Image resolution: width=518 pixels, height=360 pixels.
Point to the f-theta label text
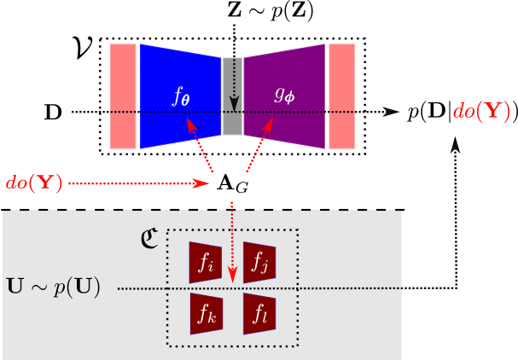click(x=181, y=96)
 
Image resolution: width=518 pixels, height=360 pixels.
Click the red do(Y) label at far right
click(x=481, y=112)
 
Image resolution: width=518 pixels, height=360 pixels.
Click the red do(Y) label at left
click(x=34, y=183)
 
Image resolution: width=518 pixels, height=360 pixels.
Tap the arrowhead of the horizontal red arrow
click(x=203, y=183)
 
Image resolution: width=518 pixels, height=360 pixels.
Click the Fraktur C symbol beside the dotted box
click(x=149, y=238)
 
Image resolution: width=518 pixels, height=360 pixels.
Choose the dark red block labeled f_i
click(x=206, y=262)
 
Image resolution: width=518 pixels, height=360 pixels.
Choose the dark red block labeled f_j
click(x=259, y=262)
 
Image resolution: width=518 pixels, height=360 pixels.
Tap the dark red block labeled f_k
click(x=206, y=314)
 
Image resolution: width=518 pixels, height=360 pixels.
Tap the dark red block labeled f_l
click(x=259, y=314)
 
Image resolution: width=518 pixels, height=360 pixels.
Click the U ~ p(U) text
click(x=53, y=287)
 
